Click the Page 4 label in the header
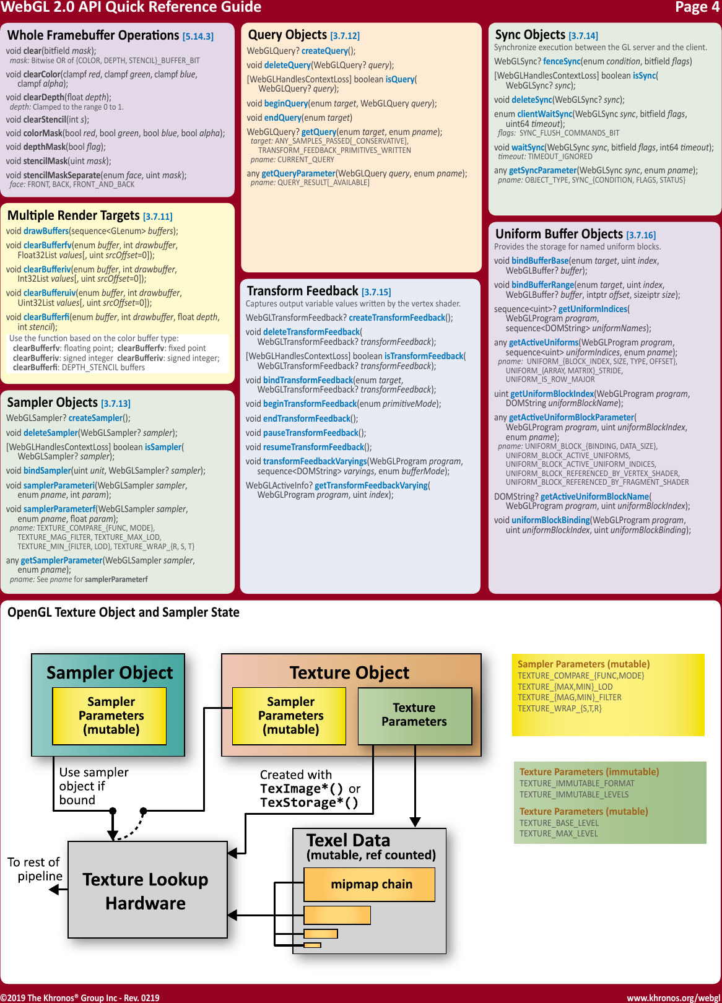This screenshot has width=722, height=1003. [697, 7]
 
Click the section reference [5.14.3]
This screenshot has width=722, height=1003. [198, 37]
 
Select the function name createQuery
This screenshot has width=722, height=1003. [324, 51]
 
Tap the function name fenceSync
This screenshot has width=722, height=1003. [562, 61]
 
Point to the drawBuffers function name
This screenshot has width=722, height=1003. [46, 231]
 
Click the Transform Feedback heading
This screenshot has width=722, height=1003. [302, 291]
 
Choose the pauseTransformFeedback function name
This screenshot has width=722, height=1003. [311, 433]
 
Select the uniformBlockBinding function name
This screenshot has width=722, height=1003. [550, 520]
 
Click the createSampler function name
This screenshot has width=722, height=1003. [95, 418]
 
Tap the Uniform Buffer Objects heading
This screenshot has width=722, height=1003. [559, 234]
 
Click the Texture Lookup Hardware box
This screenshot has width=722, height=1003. [147, 890]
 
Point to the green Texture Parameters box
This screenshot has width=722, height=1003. [414, 715]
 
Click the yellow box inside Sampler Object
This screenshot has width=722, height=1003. [110, 716]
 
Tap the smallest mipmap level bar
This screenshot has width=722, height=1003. [313, 945]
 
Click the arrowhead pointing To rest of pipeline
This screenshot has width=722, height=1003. [54, 890]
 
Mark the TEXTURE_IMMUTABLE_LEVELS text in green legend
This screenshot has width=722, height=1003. [573, 794]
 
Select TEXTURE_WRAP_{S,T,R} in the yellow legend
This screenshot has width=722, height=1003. [559, 708]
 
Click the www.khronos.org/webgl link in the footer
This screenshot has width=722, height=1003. [673, 997]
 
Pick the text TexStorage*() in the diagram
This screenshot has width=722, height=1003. [309, 802]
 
